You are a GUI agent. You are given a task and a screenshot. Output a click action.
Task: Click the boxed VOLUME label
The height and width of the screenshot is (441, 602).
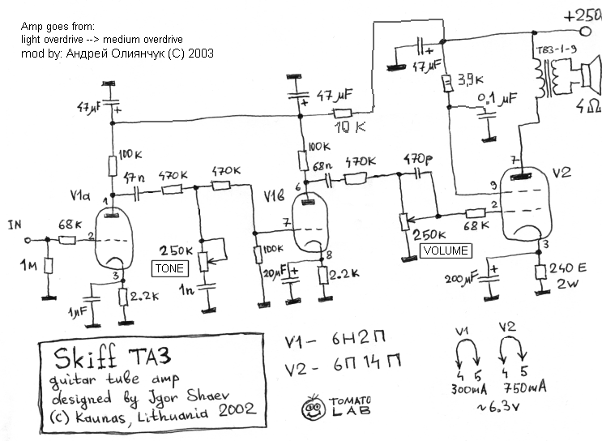pos(446,250)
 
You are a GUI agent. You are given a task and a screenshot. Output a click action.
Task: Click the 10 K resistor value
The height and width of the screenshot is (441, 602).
pos(349,128)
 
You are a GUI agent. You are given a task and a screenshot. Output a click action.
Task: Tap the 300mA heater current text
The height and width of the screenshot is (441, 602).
pos(464,388)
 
